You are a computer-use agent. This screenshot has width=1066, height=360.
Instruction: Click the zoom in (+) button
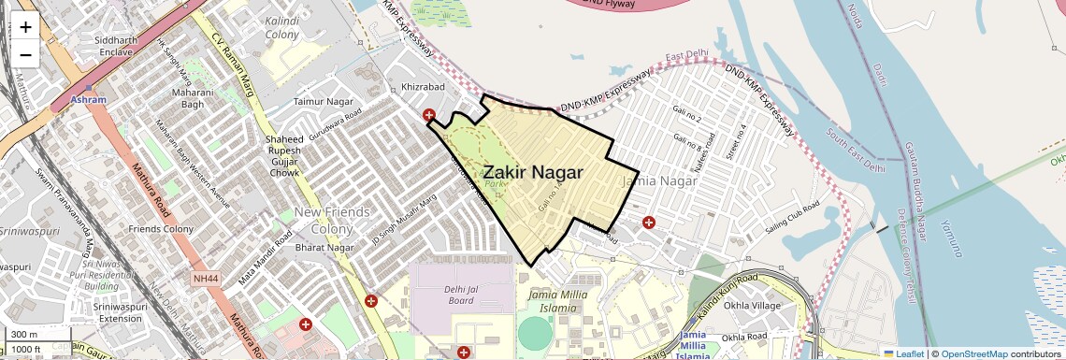[25, 27]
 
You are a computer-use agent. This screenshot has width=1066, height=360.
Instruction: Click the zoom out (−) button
[25, 55]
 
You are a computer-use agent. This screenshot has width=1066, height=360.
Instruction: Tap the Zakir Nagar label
[533, 172]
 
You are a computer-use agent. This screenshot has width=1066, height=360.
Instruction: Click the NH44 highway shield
[205, 279]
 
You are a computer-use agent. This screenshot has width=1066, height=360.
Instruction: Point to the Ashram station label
[89, 98]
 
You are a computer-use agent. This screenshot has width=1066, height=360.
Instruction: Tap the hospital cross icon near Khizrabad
[429, 116]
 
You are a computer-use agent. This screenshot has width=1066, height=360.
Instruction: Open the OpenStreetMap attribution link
[973, 353]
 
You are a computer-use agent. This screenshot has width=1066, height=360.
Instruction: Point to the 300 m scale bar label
[25, 335]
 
